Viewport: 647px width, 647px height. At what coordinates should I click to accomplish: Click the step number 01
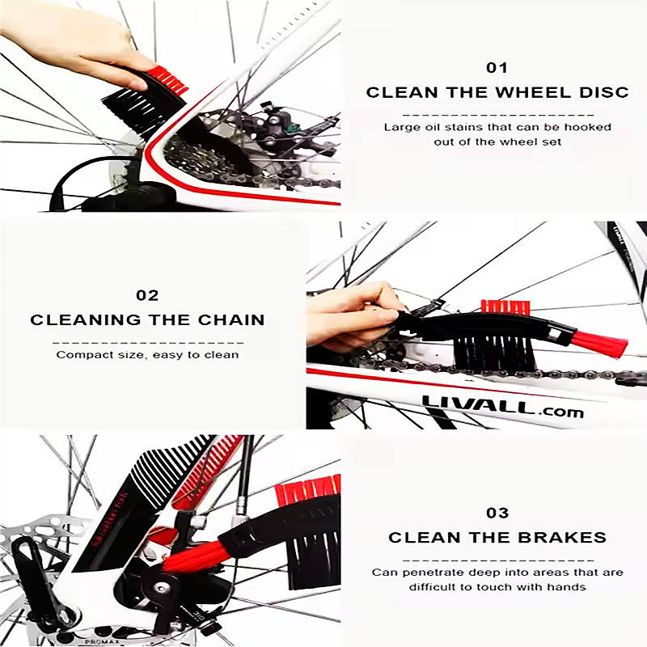click(x=497, y=68)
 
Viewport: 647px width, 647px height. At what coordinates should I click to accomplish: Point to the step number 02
click(x=147, y=295)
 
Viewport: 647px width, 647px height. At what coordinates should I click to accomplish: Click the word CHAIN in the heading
click(x=231, y=319)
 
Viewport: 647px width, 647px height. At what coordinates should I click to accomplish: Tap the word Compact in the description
click(x=82, y=355)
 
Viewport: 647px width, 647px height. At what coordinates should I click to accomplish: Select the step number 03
click(x=497, y=513)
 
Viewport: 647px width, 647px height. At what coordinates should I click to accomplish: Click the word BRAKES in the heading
click(x=562, y=537)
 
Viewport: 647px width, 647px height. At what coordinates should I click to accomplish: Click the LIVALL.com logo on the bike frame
click(x=502, y=407)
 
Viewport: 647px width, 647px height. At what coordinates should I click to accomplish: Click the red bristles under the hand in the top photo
click(x=168, y=79)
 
